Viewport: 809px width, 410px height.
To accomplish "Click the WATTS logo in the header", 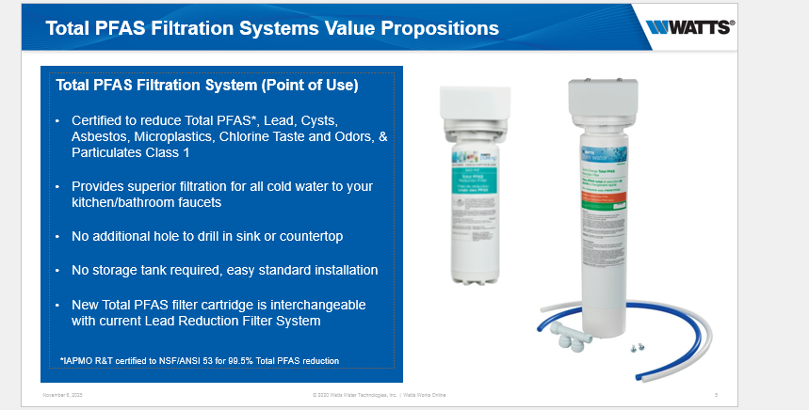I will coord(690,27).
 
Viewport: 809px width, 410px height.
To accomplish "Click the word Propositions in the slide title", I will coord(427,28).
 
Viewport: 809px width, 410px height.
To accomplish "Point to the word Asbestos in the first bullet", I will coord(99,137).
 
